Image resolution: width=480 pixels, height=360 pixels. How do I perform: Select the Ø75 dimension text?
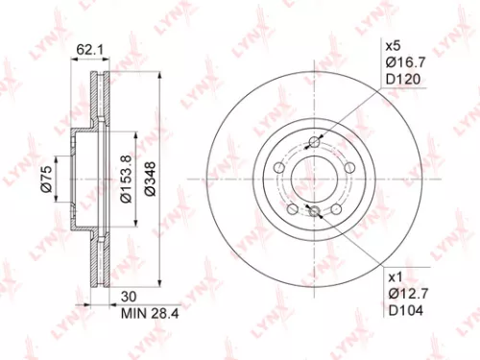pos(45,179)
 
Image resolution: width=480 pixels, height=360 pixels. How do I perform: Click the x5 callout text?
pos(393,45)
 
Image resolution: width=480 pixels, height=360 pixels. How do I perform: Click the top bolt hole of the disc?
pos(315,145)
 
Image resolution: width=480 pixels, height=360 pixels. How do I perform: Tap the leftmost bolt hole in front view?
pos(279,169)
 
